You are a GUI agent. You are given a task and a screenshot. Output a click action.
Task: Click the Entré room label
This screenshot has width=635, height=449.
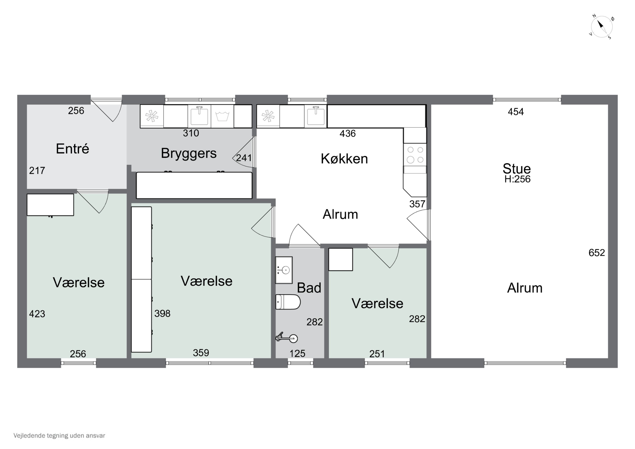72,149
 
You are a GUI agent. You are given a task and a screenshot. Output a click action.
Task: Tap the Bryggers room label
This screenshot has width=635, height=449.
189,153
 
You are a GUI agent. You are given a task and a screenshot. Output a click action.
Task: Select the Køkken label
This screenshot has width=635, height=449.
344,159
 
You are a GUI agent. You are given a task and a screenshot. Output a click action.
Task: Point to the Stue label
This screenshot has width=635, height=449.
517,169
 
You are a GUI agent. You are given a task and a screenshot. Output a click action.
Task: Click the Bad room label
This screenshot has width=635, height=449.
309,288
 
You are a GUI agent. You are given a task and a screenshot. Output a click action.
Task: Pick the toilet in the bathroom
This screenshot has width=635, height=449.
288,301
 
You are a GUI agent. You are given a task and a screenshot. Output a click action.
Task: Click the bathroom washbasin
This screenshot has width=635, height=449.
284,270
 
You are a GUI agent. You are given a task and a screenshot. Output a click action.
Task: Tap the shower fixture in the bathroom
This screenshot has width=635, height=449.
287,338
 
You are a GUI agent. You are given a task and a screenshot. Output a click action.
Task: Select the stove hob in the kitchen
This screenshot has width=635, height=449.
415,155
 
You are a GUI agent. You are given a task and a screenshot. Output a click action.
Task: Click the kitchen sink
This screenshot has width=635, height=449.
316,116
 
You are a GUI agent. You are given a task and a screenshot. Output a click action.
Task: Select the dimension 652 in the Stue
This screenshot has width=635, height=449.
596,253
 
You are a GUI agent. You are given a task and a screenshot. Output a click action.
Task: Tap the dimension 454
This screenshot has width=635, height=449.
516,112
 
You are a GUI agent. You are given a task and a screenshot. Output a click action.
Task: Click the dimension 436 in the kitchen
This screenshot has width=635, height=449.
348,134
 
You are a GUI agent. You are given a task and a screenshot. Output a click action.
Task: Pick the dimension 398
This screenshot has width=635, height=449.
162,314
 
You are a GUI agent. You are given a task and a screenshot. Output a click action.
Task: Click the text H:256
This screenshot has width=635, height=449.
517,179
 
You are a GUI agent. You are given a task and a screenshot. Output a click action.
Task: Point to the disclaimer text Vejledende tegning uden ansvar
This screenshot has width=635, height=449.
59,435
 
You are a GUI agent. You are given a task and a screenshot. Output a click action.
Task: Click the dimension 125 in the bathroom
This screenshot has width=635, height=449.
297,354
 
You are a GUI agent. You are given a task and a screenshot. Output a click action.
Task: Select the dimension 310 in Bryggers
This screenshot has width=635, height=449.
191,133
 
